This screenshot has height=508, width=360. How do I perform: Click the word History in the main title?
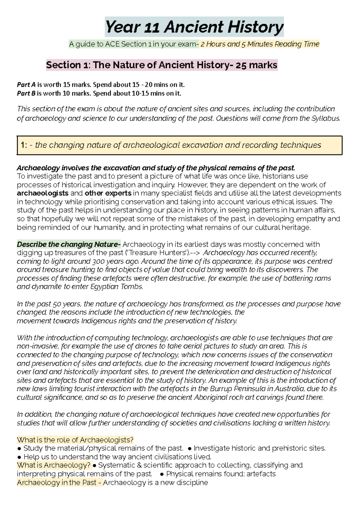point(255,27)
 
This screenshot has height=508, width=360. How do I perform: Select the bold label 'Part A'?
point(26,85)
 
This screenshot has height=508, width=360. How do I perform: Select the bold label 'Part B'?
point(26,93)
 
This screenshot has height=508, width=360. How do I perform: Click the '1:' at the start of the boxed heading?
point(24,145)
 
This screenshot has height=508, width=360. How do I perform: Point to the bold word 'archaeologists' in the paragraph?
point(43,193)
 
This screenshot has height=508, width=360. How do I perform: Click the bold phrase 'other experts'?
point(108,193)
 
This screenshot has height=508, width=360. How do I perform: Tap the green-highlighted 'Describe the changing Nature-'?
point(69,244)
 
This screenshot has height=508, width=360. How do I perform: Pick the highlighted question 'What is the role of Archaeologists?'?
point(75,440)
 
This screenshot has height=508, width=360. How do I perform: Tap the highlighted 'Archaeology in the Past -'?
point(59,483)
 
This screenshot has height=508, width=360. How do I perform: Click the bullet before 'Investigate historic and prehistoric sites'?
point(189,449)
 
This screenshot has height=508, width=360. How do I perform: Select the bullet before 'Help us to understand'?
point(19,457)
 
